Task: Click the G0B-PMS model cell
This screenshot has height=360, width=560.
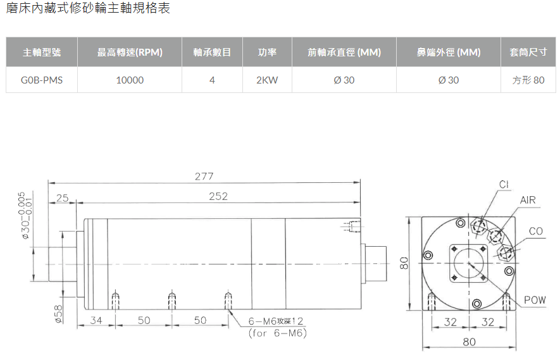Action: (x=41, y=80)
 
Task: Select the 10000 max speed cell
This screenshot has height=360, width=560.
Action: (x=130, y=80)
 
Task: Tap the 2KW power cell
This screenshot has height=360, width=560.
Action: (x=267, y=80)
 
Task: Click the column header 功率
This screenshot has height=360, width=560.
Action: (x=267, y=52)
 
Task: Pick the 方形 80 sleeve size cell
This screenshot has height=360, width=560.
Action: (x=528, y=80)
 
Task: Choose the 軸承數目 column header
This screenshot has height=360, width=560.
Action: (x=212, y=52)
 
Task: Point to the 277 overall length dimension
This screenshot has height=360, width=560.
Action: (x=204, y=177)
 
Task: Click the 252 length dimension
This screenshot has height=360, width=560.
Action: (x=218, y=196)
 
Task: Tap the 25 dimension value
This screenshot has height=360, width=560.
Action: (x=62, y=197)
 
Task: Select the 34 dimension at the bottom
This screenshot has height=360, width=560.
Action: (x=96, y=320)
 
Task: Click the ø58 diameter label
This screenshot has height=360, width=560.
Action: (x=59, y=314)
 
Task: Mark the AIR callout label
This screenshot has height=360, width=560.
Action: (x=528, y=200)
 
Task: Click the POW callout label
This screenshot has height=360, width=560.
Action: (x=535, y=300)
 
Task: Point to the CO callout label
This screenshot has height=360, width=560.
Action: (x=536, y=231)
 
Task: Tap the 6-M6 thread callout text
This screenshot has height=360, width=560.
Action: (x=276, y=321)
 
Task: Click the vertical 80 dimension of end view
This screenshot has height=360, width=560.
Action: (x=404, y=263)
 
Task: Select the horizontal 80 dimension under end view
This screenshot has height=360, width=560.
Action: (x=469, y=342)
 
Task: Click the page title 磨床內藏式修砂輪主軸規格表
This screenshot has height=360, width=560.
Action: (x=88, y=8)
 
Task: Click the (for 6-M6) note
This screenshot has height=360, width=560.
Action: (x=278, y=333)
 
